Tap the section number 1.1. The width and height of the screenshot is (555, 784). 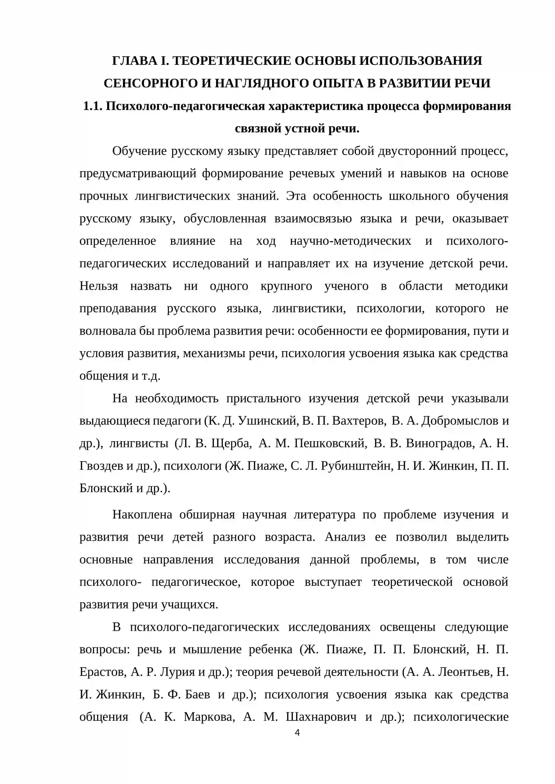pos(93,106)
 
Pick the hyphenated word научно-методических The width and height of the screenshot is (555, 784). pos(350,241)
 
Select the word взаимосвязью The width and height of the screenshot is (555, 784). pos(313,218)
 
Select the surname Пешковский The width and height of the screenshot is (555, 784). pos(330,443)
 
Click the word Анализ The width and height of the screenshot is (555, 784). pos(345,537)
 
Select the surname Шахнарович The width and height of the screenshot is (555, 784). pos(321,717)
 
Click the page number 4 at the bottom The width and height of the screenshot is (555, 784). pos(297,733)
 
